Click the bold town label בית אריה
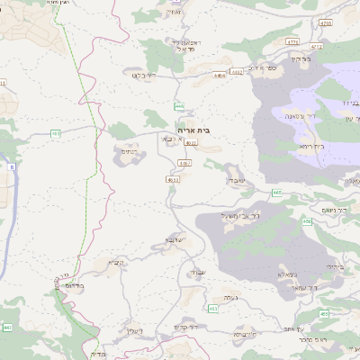click(x=194, y=130)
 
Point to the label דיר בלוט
click(x=145, y=76)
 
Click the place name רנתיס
click(x=128, y=152)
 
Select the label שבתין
click(x=196, y=272)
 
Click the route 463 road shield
click(x=213, y=309)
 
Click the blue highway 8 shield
click(x=12, y=167)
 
